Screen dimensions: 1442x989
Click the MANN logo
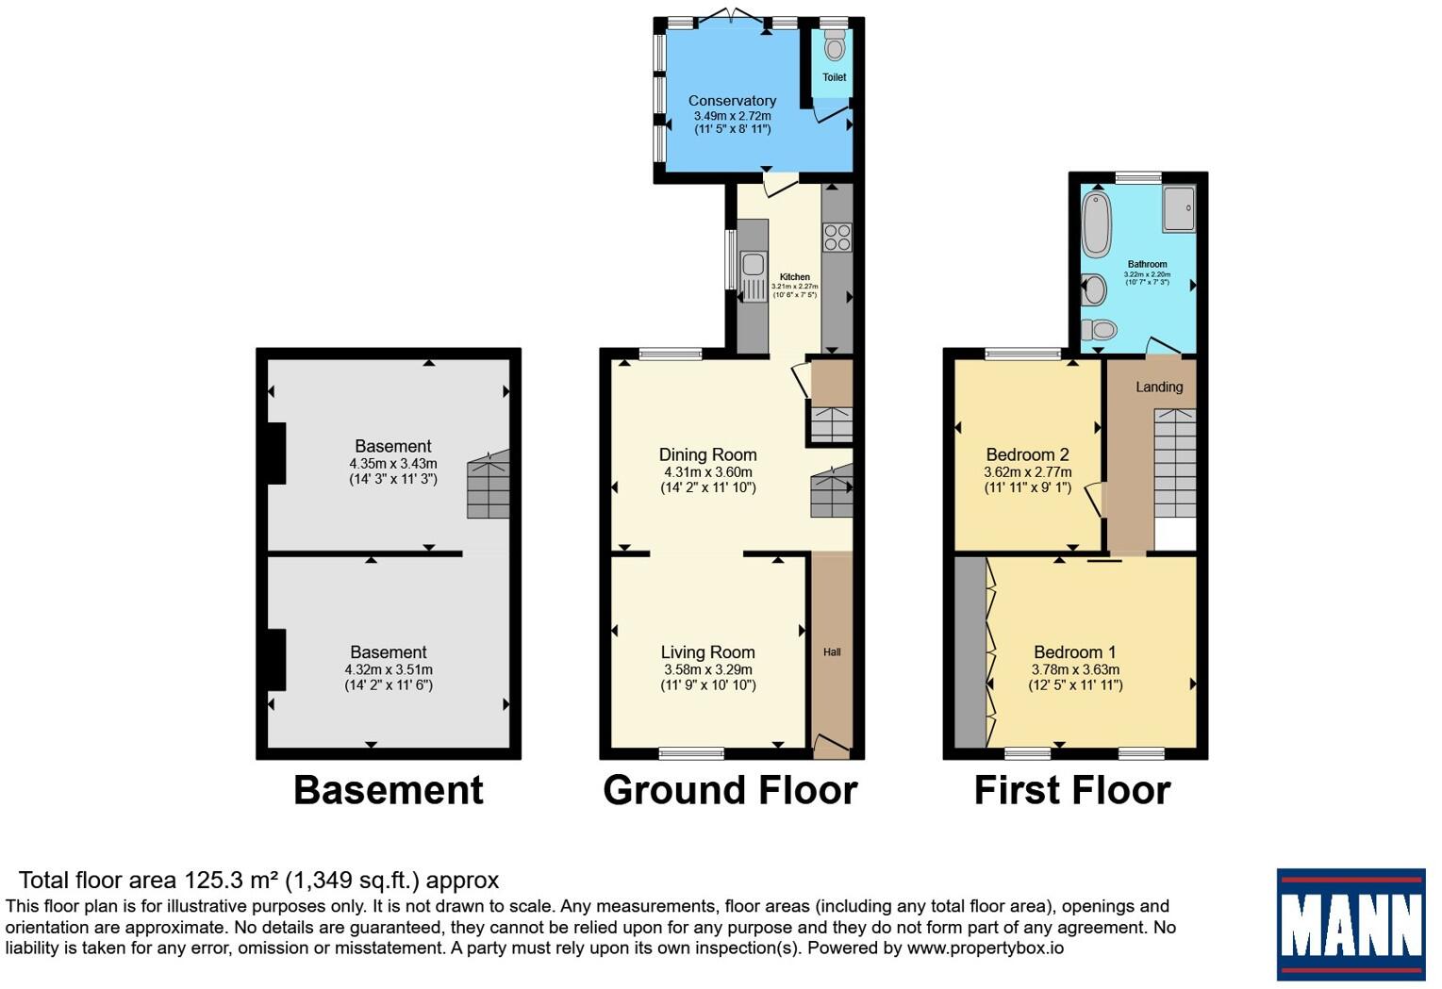[x=1351, y=924]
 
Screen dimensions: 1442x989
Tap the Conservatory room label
[x=732, y=101]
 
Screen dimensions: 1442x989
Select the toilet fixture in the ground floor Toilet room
[x=835, y=45]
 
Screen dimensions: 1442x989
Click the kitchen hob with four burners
[x=837, y=237]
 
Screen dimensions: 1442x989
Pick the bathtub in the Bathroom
[x=1096, y=223]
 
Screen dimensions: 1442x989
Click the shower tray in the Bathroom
[x=1179, y=207]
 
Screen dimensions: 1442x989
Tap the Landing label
[x=1159, y=387]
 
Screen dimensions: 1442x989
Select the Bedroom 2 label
[x=1027, y=455]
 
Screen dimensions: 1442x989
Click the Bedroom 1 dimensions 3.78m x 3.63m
[x=1075, y=669]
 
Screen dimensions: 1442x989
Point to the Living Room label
[x=707, y=652]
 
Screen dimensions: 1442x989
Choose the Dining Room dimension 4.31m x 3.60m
[x=708, y=472]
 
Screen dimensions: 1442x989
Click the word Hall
[x=832, y=652]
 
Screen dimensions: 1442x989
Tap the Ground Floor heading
[x=730, y=790]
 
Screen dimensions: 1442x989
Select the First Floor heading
[x=1072, y=790]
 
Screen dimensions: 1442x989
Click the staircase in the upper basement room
[x=488, y=485]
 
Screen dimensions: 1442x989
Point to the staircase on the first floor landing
[x=1175, y=462]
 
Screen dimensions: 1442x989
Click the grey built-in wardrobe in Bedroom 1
[x=970, y=651]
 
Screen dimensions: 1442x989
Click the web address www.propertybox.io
[x=985, y=948]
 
